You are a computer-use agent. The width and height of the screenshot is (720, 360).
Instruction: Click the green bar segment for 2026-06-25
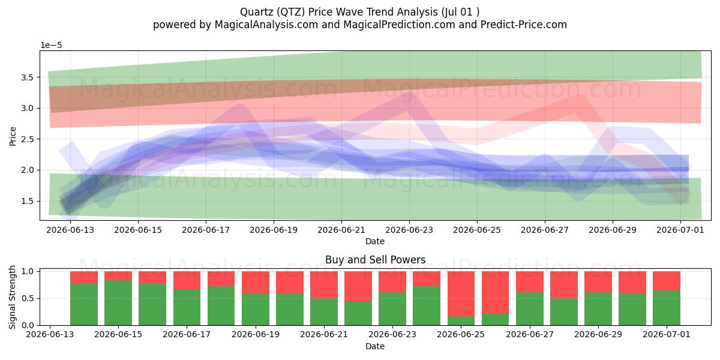(461, 321)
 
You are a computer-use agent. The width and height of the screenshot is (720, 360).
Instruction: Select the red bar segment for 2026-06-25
(461, 294)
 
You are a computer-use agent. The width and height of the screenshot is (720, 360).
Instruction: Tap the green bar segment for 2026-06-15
(118, 303)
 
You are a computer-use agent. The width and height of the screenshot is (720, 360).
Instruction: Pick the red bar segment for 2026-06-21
(324, 285)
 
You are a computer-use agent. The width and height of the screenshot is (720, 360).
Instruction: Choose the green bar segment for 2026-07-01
(667, 308)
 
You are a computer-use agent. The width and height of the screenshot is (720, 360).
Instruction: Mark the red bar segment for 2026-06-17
(187, 280)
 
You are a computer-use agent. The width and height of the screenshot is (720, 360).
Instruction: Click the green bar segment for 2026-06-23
(392, 308)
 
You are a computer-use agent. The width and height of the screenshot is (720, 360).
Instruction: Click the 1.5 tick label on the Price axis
(28, 201)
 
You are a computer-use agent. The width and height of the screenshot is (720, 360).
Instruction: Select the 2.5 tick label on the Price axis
(28, 139)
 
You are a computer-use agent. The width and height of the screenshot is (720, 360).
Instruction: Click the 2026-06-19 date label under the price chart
(274, 230)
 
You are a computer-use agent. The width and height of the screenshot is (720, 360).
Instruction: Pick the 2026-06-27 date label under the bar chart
(530, 334)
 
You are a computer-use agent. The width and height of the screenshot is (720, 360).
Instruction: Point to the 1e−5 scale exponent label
(51, 46)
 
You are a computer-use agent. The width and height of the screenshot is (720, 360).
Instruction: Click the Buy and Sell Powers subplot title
(376, 260)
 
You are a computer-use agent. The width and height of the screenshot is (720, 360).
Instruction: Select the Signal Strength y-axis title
(12, 298)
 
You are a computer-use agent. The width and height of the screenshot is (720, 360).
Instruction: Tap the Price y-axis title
(13, 136)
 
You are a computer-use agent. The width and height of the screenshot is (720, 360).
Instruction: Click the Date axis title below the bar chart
(375, 346)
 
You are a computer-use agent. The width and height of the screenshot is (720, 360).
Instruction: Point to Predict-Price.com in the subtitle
(524, 25)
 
